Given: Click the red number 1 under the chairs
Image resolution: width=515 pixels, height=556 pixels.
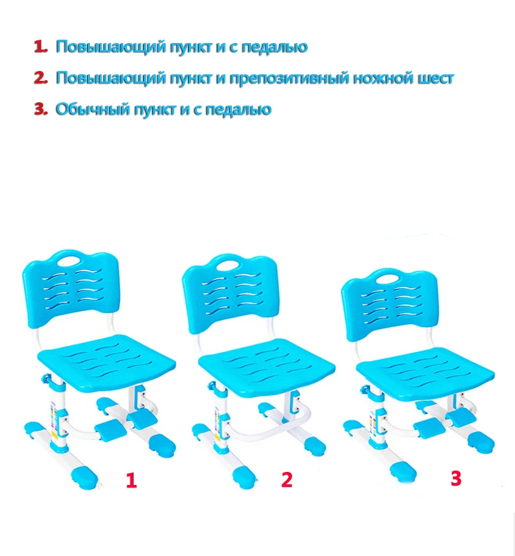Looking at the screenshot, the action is pos(131,480).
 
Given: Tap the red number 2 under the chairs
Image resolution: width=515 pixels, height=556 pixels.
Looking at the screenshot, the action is pos(287,479).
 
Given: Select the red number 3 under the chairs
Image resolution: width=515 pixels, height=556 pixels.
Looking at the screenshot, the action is pos(456,478).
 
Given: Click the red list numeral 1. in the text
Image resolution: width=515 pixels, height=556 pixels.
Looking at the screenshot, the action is pos(41,46).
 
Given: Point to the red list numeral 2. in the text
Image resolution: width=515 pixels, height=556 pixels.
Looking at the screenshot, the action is pos(41,78).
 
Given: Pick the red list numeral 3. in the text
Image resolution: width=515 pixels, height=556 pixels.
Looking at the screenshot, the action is pos(41,108).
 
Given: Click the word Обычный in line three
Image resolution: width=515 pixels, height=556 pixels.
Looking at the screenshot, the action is pos(93,109).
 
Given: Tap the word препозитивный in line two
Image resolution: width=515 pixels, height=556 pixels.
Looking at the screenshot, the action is pos(289,78).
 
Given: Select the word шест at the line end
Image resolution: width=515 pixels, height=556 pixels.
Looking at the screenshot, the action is pos(435,78).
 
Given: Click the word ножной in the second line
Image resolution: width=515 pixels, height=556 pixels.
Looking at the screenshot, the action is pos(383,78).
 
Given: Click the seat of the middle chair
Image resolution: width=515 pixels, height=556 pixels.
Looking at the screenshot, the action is pos(267,365).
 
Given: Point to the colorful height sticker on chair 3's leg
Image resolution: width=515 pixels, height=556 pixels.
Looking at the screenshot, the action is pos(373,424).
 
